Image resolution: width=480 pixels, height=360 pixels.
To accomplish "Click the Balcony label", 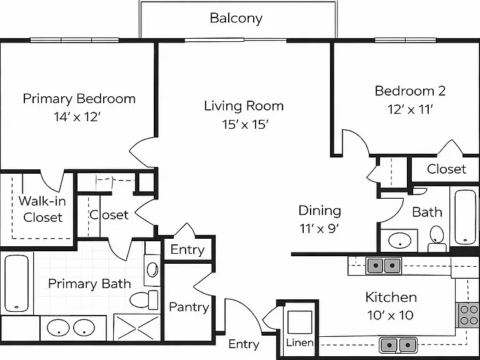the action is tap(236, 18).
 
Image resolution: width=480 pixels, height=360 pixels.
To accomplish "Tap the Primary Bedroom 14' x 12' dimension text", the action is tap(77, 117).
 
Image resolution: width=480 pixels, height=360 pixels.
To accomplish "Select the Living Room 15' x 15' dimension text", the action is tap(245, 124).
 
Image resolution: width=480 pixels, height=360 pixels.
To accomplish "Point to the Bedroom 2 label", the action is tap(410, 91).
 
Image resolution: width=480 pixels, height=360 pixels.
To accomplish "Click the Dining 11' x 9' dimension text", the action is tap(319, 228).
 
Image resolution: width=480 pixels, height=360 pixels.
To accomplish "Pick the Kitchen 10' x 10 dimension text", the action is tap(390, 315).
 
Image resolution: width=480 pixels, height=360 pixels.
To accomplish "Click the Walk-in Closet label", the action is tap(42, 209).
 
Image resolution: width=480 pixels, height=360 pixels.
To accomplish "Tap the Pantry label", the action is tap(189, 307).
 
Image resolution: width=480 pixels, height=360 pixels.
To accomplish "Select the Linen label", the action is tap(300, 342).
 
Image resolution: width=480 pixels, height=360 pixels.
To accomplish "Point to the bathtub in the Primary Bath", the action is tap(16, 283).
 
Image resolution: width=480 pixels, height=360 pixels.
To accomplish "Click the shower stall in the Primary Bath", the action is tap(137, 327).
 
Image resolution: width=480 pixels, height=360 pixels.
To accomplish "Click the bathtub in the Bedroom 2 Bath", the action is tap(465, 217).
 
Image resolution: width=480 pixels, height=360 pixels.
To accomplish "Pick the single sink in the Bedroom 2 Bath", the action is tap(400, 240).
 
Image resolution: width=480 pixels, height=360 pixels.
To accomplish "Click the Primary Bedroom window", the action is tap(74, 40).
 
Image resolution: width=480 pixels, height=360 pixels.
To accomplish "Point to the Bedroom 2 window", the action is tap(406, 40).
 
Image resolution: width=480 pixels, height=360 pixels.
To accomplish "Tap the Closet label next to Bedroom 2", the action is tap(446, 169).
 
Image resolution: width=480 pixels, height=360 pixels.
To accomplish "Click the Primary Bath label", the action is tap(90, 284).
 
